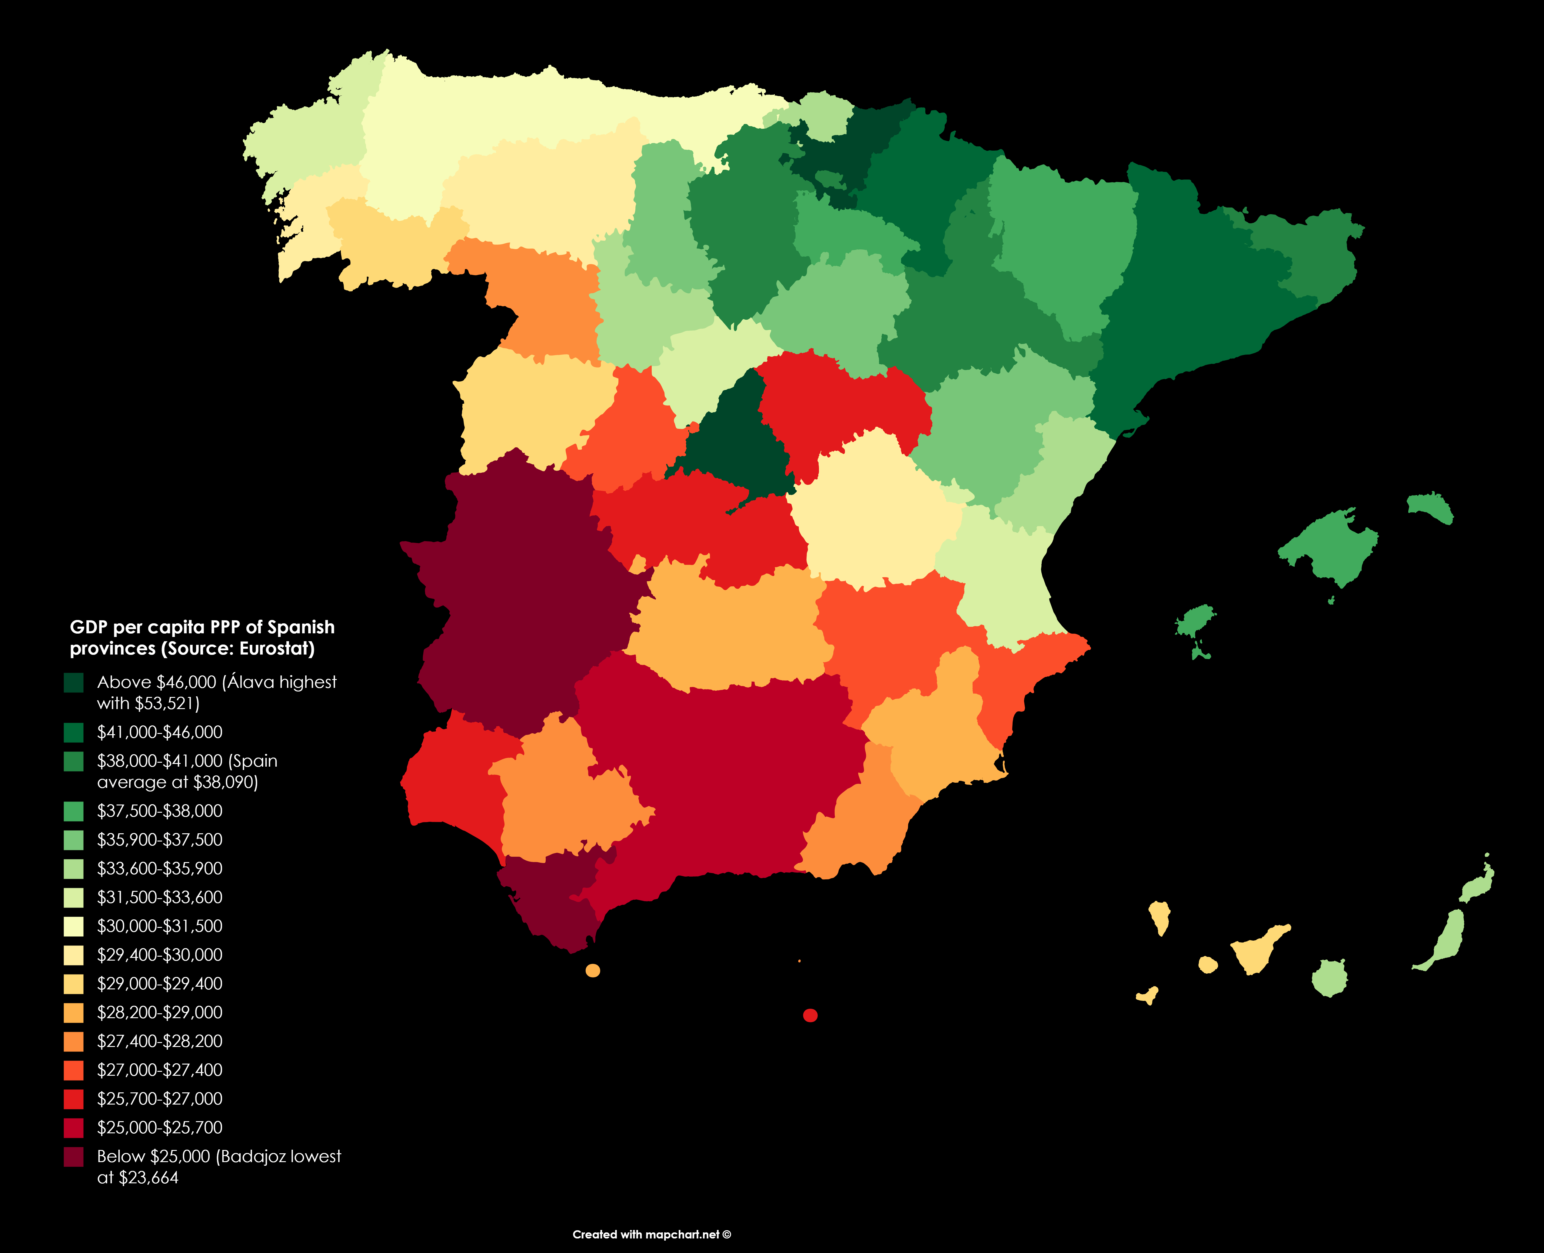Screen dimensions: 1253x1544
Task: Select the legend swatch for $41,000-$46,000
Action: coord(74,733)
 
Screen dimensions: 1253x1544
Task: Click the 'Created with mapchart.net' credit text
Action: coord(651,1234)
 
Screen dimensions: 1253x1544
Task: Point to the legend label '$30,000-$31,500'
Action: coord(159,926)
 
